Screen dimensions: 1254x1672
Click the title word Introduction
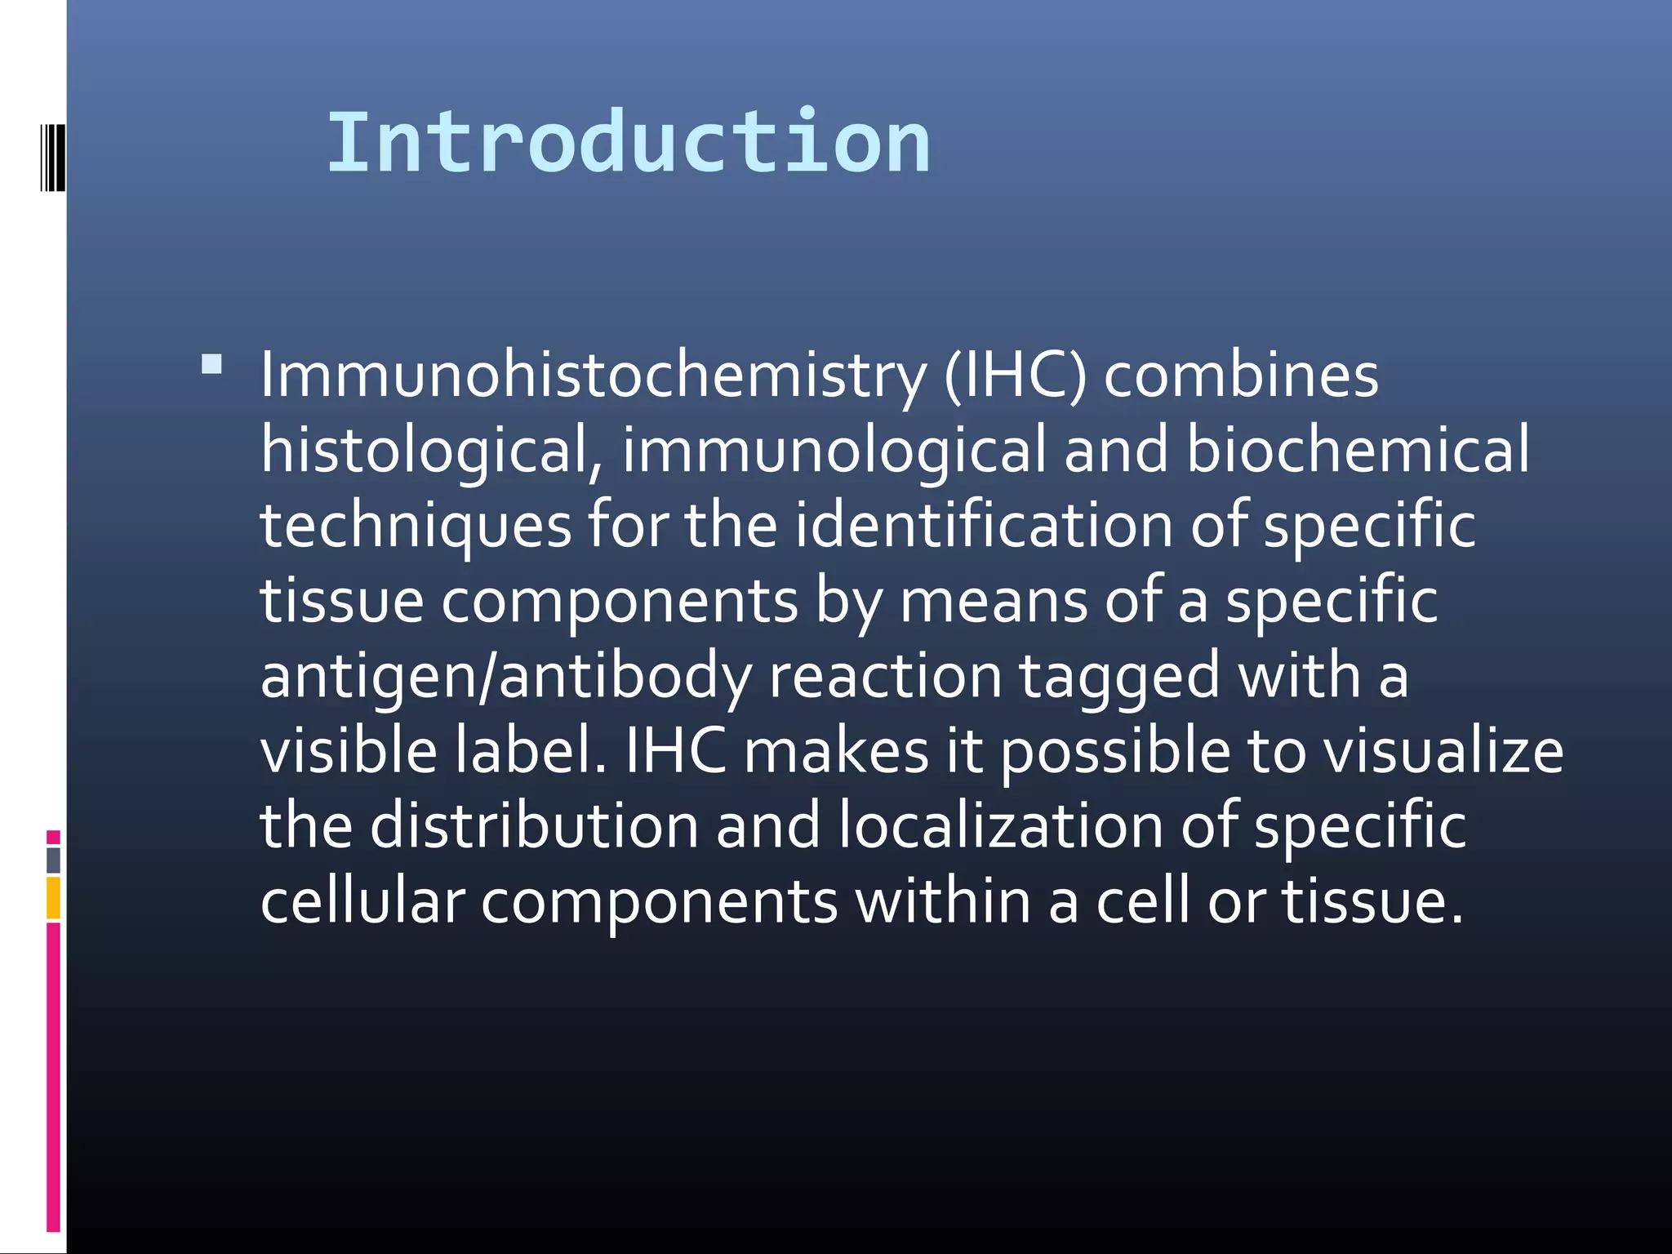[629, 144]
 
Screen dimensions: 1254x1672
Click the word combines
[1241, 376]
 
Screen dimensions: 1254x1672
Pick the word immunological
[834, 451]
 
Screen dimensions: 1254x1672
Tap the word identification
[984, 525]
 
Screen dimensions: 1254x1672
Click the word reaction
[885, 677]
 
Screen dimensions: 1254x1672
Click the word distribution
[534, 825]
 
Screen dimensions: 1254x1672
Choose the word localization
[1001, 825]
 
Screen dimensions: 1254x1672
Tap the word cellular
[362, 901]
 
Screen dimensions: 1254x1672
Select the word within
[943, 901]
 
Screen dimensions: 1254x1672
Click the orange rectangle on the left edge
[53, 897]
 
